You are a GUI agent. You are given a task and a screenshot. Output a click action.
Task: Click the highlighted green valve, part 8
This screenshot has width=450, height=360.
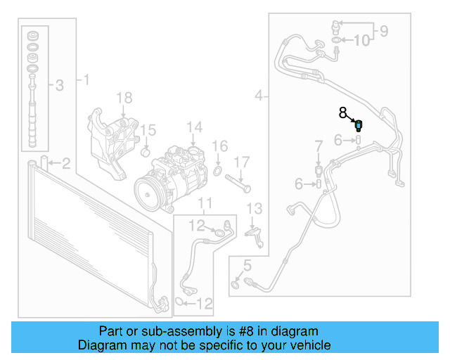(x=359, y=126)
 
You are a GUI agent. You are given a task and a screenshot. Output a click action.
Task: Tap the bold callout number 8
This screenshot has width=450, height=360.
(x=343, y=112)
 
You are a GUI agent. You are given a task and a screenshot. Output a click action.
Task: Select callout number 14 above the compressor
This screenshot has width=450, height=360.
(x=194, y=127)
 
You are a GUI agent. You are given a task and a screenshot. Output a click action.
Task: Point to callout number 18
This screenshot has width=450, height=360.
(x=124, y=97)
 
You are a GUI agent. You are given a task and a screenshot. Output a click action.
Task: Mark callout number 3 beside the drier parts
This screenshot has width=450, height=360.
(x=59, y=86)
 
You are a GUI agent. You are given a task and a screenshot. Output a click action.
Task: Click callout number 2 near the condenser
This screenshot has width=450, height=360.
(x=65, y=164)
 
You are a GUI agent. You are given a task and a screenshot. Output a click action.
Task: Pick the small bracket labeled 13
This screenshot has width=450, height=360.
(x=255, y=235)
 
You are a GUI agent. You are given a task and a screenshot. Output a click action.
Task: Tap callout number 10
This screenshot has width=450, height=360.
(x=361, y=40)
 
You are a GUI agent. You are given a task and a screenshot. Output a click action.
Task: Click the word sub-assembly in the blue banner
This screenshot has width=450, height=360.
(x=148, y=331)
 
